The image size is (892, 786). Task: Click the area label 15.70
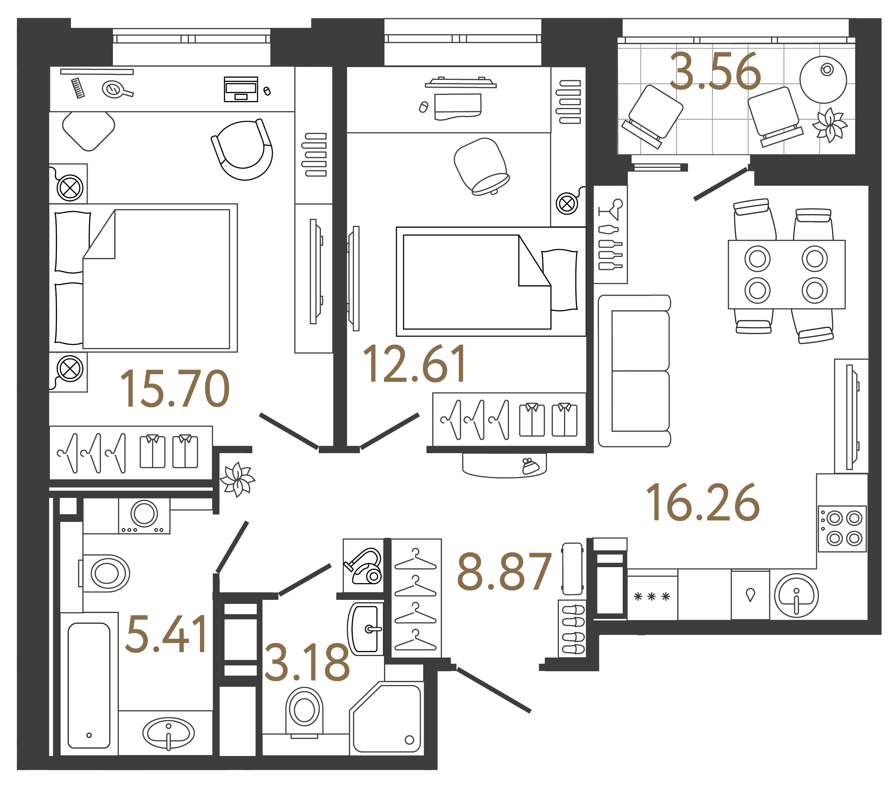(175, 389)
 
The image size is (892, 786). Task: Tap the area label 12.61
(415, 365)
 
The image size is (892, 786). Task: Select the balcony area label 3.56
(716, 72)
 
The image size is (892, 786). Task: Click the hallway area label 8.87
(504, 572)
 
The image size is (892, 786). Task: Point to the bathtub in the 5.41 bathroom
(89, 685)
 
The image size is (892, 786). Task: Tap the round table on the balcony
(823, 80)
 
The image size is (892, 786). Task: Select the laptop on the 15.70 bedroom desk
(241, 89)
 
